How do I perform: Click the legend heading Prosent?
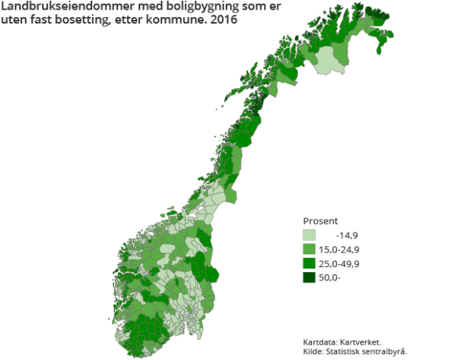pyautogui.click(x=320, y=221)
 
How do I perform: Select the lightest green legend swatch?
pyautogui.click(x=311, y=235)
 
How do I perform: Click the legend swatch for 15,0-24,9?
pyautogui.click(x=311, y=249)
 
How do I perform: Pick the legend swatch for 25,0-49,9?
pyautogui.click(x=311, y=263)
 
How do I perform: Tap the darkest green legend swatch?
pyautogui.click(x=311, y=277)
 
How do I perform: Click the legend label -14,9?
pyautogui.click(x=347, y=235)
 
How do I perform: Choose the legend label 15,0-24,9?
pyautogui.click(x=340, y=249)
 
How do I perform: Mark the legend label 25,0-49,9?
pyautogui.click(x=340, y=263)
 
